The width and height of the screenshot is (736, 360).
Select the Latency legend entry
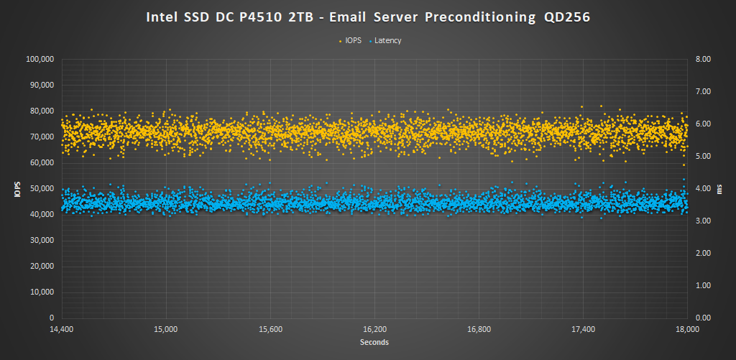pos(387,40)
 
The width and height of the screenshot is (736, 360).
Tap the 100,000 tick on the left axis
pos(40,60)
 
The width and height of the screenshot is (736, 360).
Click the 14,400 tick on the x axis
pos(62,330)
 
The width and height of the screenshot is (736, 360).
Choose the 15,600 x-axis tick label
pos(270,330)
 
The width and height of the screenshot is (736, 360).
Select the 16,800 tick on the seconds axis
pos(479,330)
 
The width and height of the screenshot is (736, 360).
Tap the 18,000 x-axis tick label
pos(688,330)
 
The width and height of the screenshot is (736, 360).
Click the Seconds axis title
pos(374,342)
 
